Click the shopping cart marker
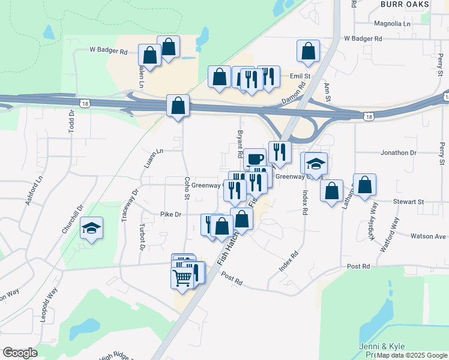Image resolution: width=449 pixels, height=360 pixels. (x=182, y=277)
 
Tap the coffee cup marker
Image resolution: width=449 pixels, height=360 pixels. (x=255, y=159)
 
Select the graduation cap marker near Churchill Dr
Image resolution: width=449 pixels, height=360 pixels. (x=91, y=228)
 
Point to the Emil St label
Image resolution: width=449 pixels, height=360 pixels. (x=300, y=77)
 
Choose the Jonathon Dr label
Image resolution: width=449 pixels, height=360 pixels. (x=399, y=153)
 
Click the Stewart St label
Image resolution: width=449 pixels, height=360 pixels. (x=409, y=202)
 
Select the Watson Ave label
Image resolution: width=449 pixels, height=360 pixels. (x=428, y=236)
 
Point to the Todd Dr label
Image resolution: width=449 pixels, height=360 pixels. (x=71, y=122)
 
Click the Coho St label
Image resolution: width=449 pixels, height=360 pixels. (x=187, y=188)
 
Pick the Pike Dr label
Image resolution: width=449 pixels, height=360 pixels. (x=171, y=214)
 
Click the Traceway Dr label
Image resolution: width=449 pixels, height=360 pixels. (x=130, y=205)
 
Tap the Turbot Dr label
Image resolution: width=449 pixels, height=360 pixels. (x=142, y=238)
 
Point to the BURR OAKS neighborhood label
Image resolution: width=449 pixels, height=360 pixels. (x=405, y=4)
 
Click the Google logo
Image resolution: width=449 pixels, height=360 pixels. (x=20, y=353)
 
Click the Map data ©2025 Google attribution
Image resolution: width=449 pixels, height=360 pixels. (x=412, y=355)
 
